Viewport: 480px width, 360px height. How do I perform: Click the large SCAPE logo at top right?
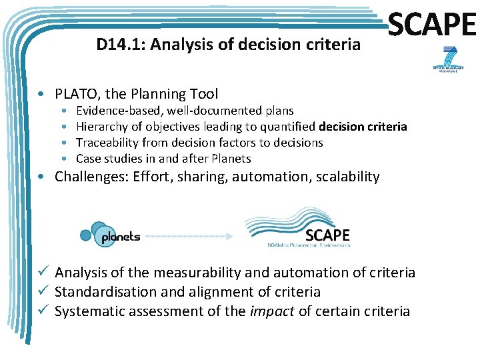tap(431, 26)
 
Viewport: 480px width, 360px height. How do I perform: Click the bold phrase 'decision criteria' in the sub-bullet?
tap(363, 127)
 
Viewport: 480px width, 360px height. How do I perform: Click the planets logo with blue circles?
tap(110, 234)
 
